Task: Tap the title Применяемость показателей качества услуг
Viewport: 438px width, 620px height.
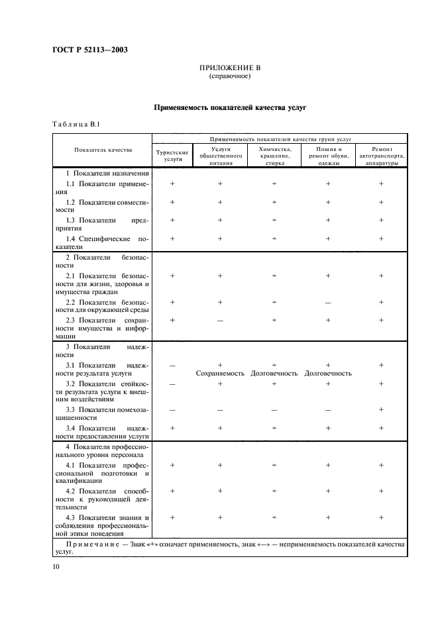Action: click(x=230, y=106)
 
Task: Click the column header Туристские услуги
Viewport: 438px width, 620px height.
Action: click(x=172, y=155)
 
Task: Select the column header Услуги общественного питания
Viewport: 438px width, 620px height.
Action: click(x=220, y=155)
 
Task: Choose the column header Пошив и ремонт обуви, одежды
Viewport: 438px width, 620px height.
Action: click(x=328, y=155)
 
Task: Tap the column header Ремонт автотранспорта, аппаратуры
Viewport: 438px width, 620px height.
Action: click(x=381, y=155)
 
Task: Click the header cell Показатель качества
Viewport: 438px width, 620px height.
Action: click(x=103, y=150)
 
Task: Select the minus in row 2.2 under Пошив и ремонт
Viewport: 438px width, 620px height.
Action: click(x=328, y=303)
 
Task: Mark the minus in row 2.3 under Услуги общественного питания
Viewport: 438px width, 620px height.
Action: click(x=220, y=321)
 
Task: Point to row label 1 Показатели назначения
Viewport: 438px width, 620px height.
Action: click(x=103, y=174)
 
